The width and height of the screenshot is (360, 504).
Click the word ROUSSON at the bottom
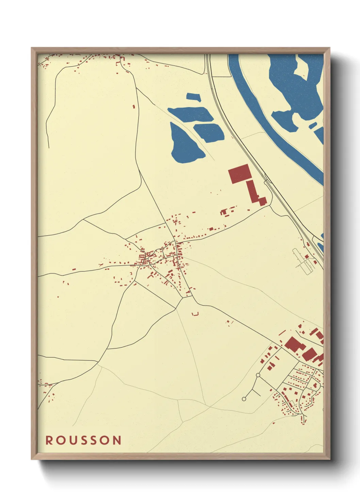pos(83,440)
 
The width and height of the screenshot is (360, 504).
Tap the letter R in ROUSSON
pos(49,440)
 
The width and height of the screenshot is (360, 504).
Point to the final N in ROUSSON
pos(117,440)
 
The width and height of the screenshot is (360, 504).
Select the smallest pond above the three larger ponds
pos(193,96)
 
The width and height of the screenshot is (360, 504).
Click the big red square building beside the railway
pos(240,173)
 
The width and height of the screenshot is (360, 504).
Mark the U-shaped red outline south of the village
pos(195,314)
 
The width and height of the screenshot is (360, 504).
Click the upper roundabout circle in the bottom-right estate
pos(258,375)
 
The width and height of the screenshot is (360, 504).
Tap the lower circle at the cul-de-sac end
pos(244,398)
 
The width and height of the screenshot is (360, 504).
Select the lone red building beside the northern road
pos(134,106)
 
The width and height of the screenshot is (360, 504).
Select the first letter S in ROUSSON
pos(86,440)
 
